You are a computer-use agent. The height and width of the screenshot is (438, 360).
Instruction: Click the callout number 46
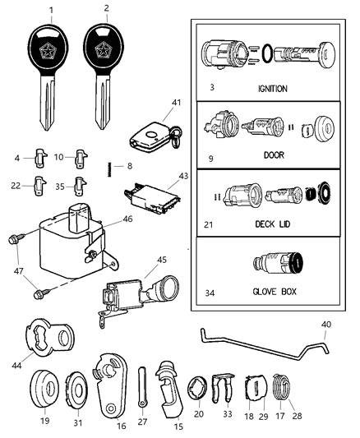pyautogui.click(x=127, y=220)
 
